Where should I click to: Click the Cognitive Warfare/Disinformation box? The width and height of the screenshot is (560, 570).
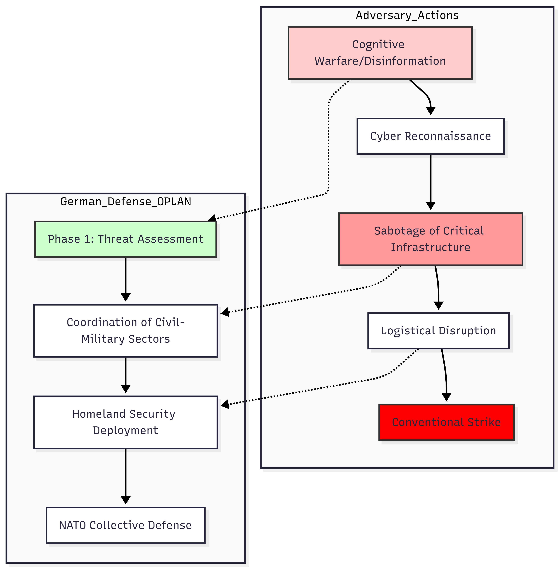[380, 53]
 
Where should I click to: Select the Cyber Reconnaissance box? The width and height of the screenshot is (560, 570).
[431, 136]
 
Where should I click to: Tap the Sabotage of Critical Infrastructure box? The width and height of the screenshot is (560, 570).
[431, 239]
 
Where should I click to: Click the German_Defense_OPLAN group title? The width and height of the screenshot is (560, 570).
[126, 202]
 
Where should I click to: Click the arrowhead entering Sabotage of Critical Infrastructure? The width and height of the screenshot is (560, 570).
[431, 206]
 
